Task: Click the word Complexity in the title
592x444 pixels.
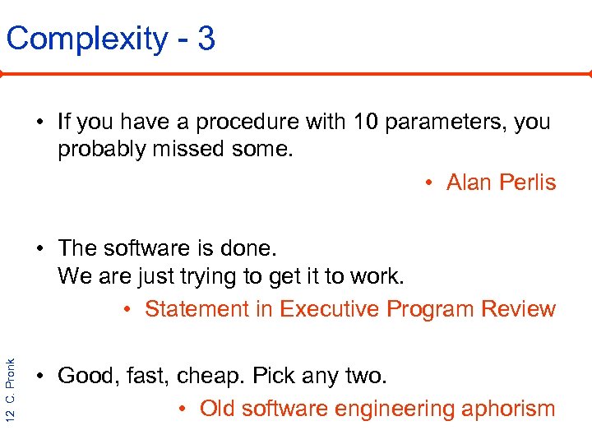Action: (x=86, y=39)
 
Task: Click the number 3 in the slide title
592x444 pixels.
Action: (x=206, y=39)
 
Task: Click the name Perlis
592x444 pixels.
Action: (x=529, y=183)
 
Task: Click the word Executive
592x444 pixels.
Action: (x=331, y=309)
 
